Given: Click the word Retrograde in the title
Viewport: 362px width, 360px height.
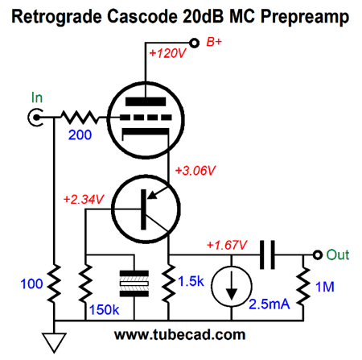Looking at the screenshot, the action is (x=57, y=17).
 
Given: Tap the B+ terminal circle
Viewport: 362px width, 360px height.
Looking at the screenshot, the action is (x=194, y=43).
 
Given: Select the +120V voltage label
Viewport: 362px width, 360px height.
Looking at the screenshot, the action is (x=167, y=53).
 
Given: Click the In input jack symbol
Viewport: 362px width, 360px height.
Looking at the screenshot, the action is (x=35, y=118).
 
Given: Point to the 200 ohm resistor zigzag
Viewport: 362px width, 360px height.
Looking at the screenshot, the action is (x=80, y=118).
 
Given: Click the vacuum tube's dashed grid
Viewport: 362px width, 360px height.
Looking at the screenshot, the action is (x=146, y=118).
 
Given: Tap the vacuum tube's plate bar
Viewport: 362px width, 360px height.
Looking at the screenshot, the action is (x=146, y=101).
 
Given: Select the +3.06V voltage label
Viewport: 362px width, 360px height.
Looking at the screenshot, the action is (x=195, y=171).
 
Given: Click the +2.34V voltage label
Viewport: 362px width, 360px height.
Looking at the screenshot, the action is (x=84, y=200).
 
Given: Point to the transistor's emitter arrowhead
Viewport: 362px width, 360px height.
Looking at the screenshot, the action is (x=152, y=195).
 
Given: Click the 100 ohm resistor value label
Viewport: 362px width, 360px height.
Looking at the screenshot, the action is (x=31, y=283).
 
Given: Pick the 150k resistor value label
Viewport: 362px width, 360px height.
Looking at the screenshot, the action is (x=104, y=310).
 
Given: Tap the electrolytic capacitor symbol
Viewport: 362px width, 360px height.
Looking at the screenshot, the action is (x=134, y=283).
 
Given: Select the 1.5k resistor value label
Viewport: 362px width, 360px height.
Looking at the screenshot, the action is (x=191, y=281).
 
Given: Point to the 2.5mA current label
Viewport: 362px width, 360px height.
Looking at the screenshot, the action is (x=269, y=304).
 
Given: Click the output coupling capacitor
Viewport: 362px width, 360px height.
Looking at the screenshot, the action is (x=267, y=254).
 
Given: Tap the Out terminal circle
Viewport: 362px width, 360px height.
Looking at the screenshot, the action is (x=318, y=254).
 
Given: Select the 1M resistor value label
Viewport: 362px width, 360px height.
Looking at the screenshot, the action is (x=325, y=287).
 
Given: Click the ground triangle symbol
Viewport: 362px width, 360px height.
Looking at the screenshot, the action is (x=54, y=342).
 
